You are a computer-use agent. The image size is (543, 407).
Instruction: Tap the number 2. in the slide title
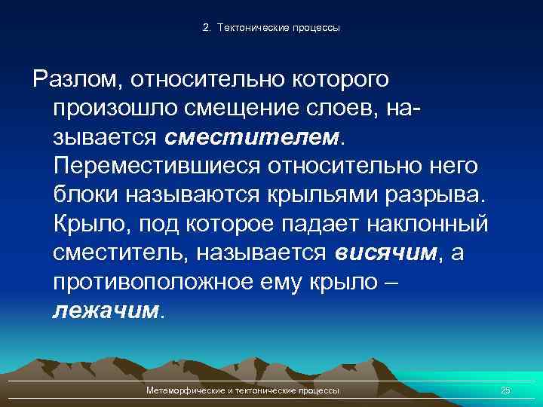[207, 28]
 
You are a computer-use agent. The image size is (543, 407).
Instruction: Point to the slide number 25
[505, 390]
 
